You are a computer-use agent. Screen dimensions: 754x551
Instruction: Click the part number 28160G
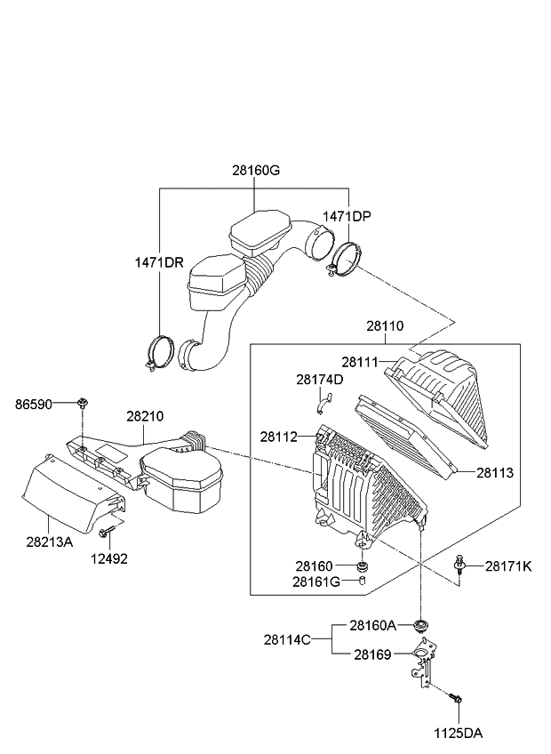(255, 171)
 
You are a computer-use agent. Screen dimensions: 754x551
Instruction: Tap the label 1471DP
(347, 216)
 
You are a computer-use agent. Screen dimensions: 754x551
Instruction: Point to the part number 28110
(384, 326)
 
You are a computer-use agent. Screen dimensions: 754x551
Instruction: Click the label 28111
(360, 362)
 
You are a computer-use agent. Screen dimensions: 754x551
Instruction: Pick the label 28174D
(319, 380)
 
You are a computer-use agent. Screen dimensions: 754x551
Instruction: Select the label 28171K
(507, 565)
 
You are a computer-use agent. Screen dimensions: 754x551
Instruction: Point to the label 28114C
(287, 638)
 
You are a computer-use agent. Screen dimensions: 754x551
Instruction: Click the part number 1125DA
(458, 734)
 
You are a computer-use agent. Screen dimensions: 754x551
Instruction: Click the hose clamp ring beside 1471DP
(347, 259)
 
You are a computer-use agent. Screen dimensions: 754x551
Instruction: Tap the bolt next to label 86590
(82, 405)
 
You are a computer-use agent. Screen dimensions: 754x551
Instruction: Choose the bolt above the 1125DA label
(456, 702)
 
